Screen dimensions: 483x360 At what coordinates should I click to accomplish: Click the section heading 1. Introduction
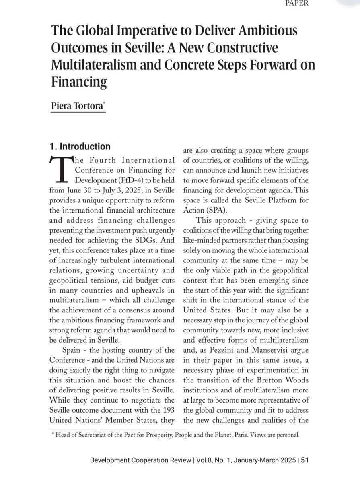point(80,147)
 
